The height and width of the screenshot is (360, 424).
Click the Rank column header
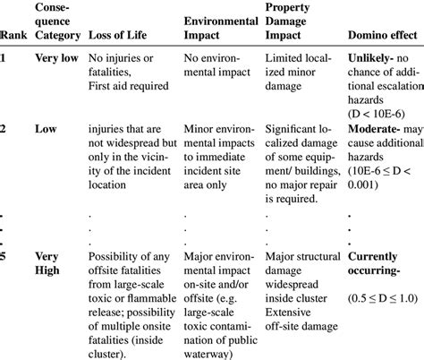pyautogui.click(x=13, y=36)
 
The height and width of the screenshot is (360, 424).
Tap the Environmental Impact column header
pyautogui.click(x=218, y=29)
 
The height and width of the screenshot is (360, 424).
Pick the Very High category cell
pyautogui.click(x=50, y=265)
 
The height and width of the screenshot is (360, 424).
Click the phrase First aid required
pyautogui.click(x=127, y=88)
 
